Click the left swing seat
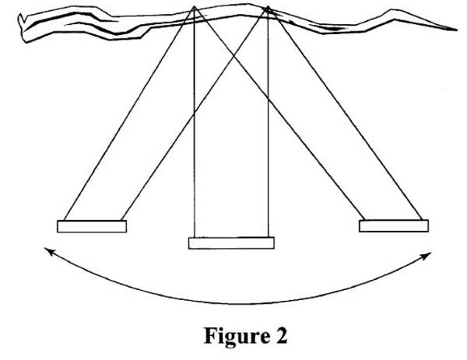(x=92, y=226)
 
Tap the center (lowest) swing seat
(x=231, y=243)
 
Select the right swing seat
(x=394, y=225)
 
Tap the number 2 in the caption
(x=280, y=335)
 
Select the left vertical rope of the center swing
(x=194, y=122)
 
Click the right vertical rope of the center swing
(x=268, y=122)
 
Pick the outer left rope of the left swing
(x=129, y=114)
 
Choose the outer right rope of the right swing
(x=345, y=113)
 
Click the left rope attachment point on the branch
(x=194, y=6)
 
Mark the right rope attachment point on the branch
(x=268, y=6)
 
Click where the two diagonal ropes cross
(x=233, y=56)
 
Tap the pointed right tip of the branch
(x=457, y=30)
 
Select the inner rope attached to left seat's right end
(x=195, y=114)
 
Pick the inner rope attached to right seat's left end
(x=279, y=113)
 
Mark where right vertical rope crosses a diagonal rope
(x=268, y=100)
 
